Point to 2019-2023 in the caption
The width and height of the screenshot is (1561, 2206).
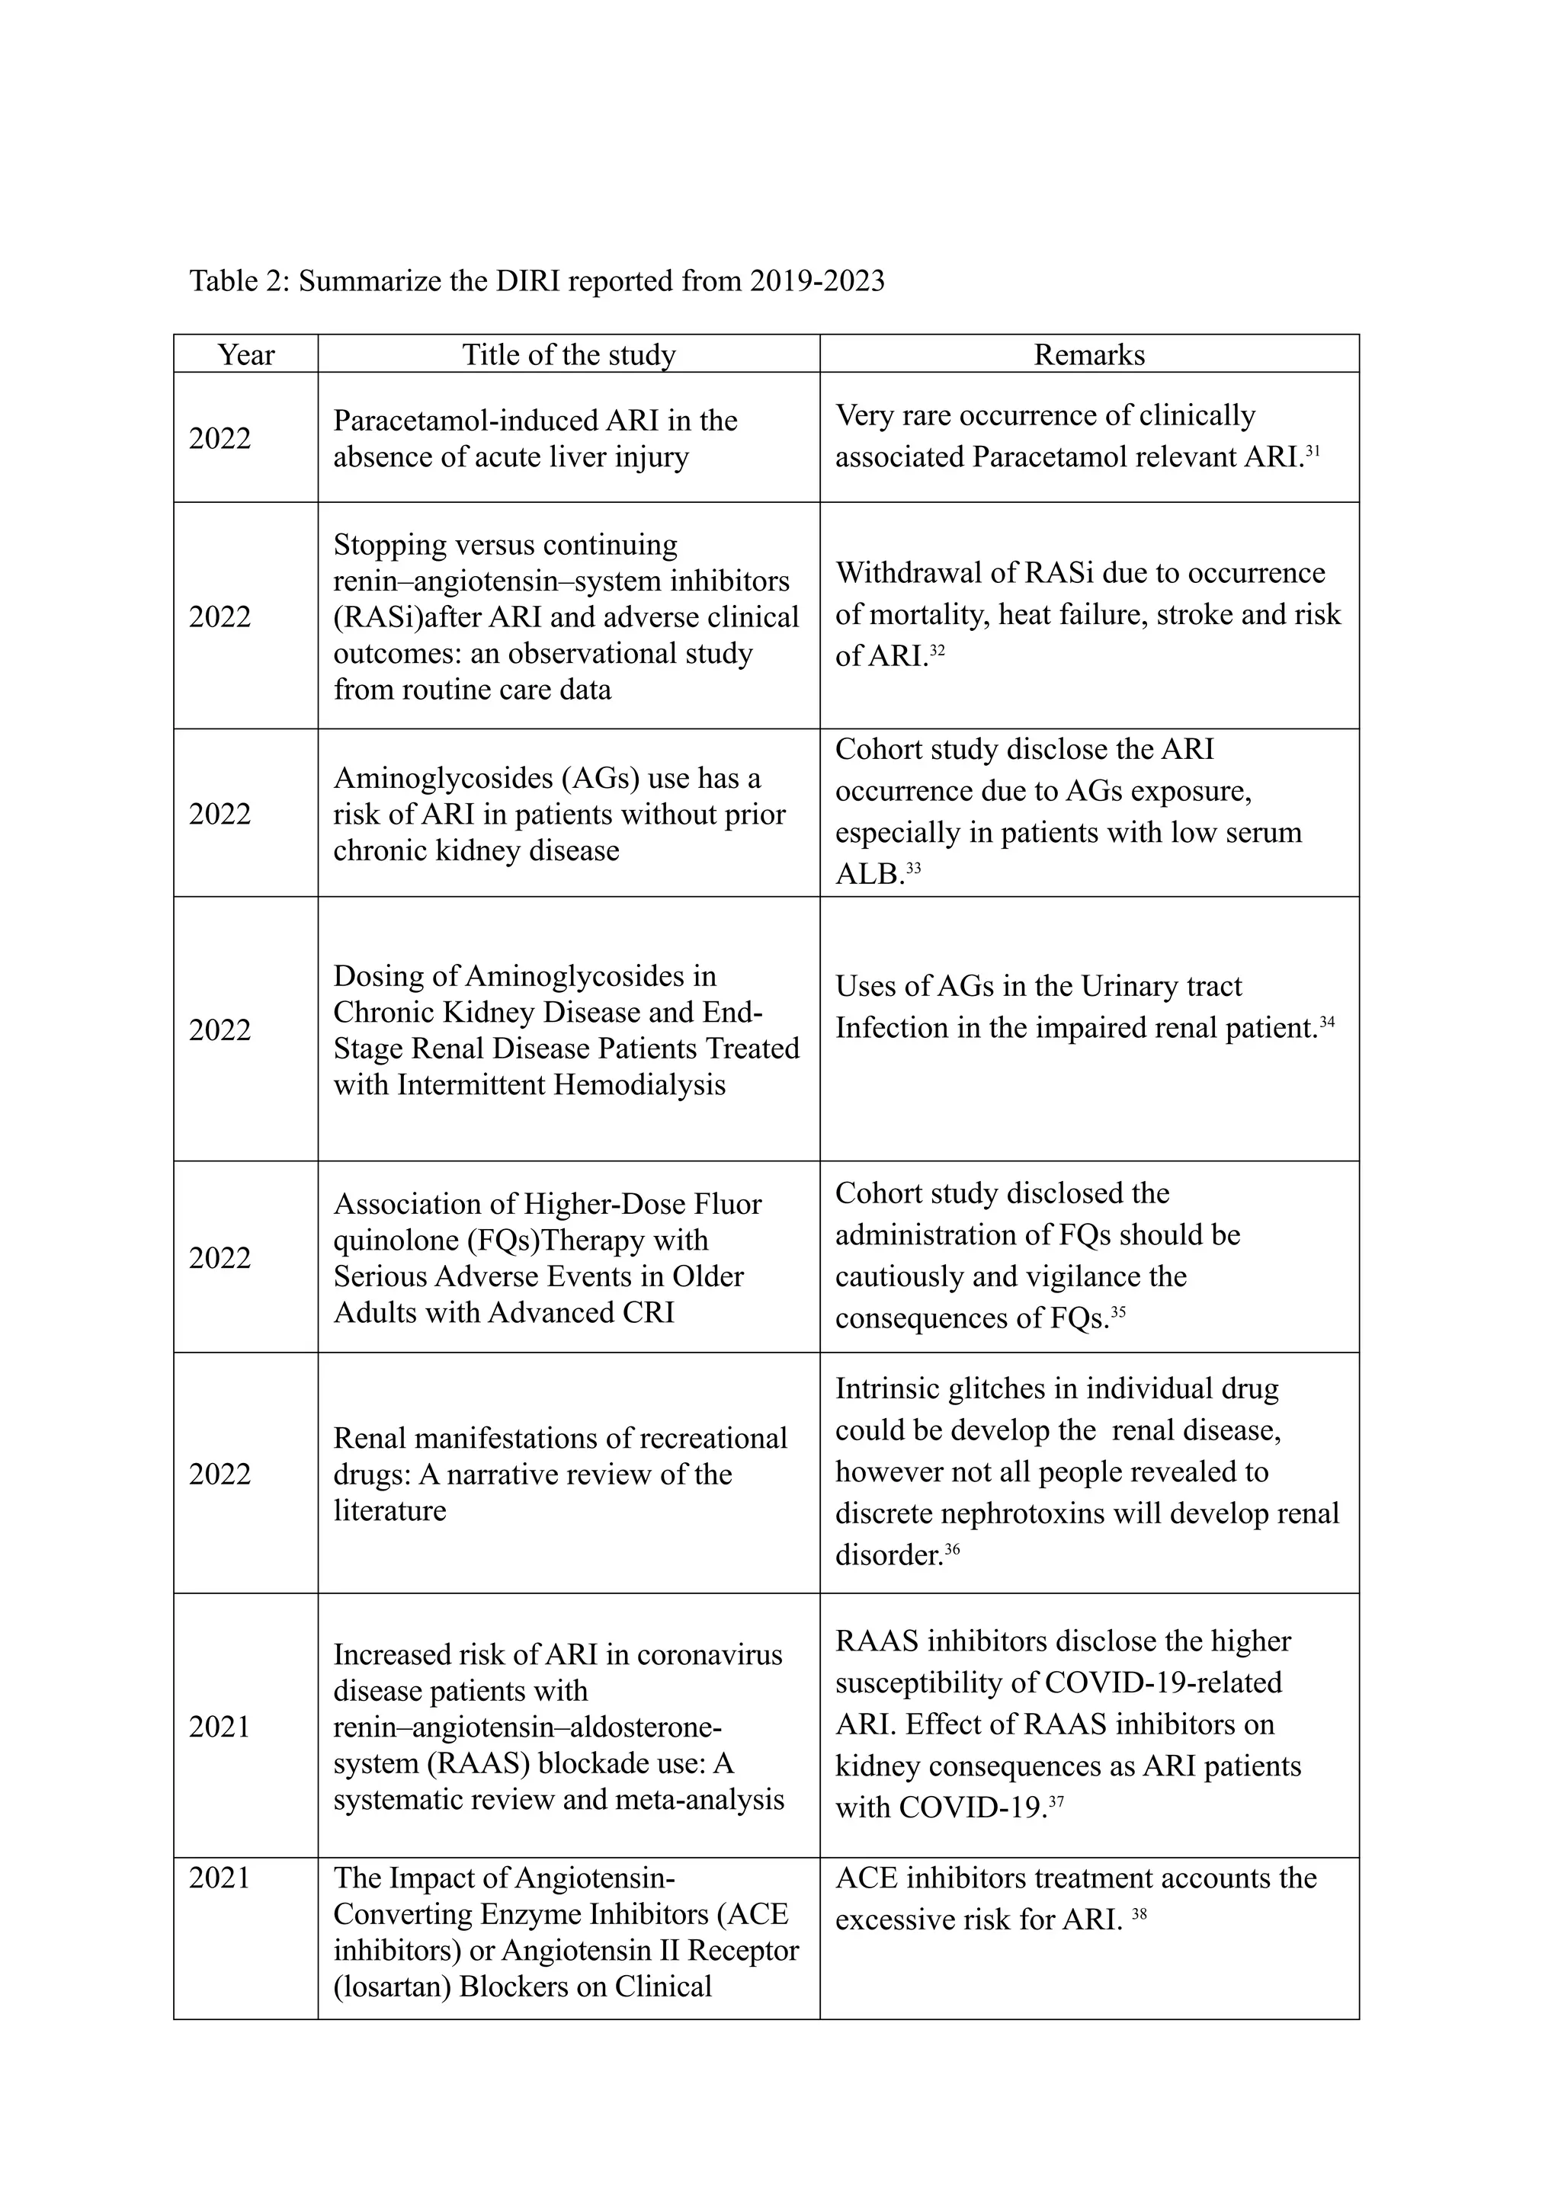click(x=816, y=280)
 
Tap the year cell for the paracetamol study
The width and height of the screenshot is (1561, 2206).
click(x=220, y=438)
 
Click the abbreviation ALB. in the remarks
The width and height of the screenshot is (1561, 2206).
click(x=870, y=874)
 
